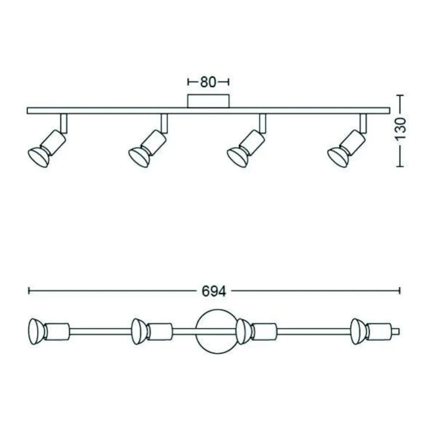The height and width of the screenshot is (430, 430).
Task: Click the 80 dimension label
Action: (208, 82)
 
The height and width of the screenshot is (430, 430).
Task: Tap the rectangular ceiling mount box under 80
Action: (208, 101)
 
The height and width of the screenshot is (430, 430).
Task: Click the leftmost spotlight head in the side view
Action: (38, 156)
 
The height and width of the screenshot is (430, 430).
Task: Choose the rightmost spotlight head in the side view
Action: (338, 156)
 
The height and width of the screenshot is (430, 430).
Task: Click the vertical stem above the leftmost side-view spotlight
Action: (64, 123)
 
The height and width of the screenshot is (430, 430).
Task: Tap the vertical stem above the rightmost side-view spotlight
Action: (363, 123)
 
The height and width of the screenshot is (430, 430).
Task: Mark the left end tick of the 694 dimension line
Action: (29, 291)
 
